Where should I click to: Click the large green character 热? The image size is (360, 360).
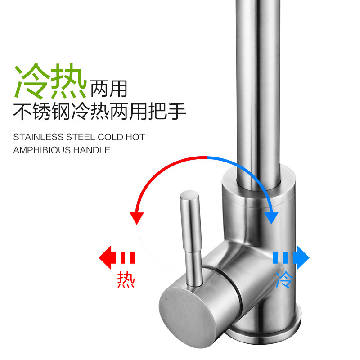tap(68, 82)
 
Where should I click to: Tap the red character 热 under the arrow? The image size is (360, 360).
tap(126, 279)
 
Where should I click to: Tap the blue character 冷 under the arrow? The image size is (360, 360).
tap(285, 279)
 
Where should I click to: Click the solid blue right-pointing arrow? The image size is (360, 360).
tap(301, 258)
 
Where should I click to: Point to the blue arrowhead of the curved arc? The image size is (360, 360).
tap(271, 217)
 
